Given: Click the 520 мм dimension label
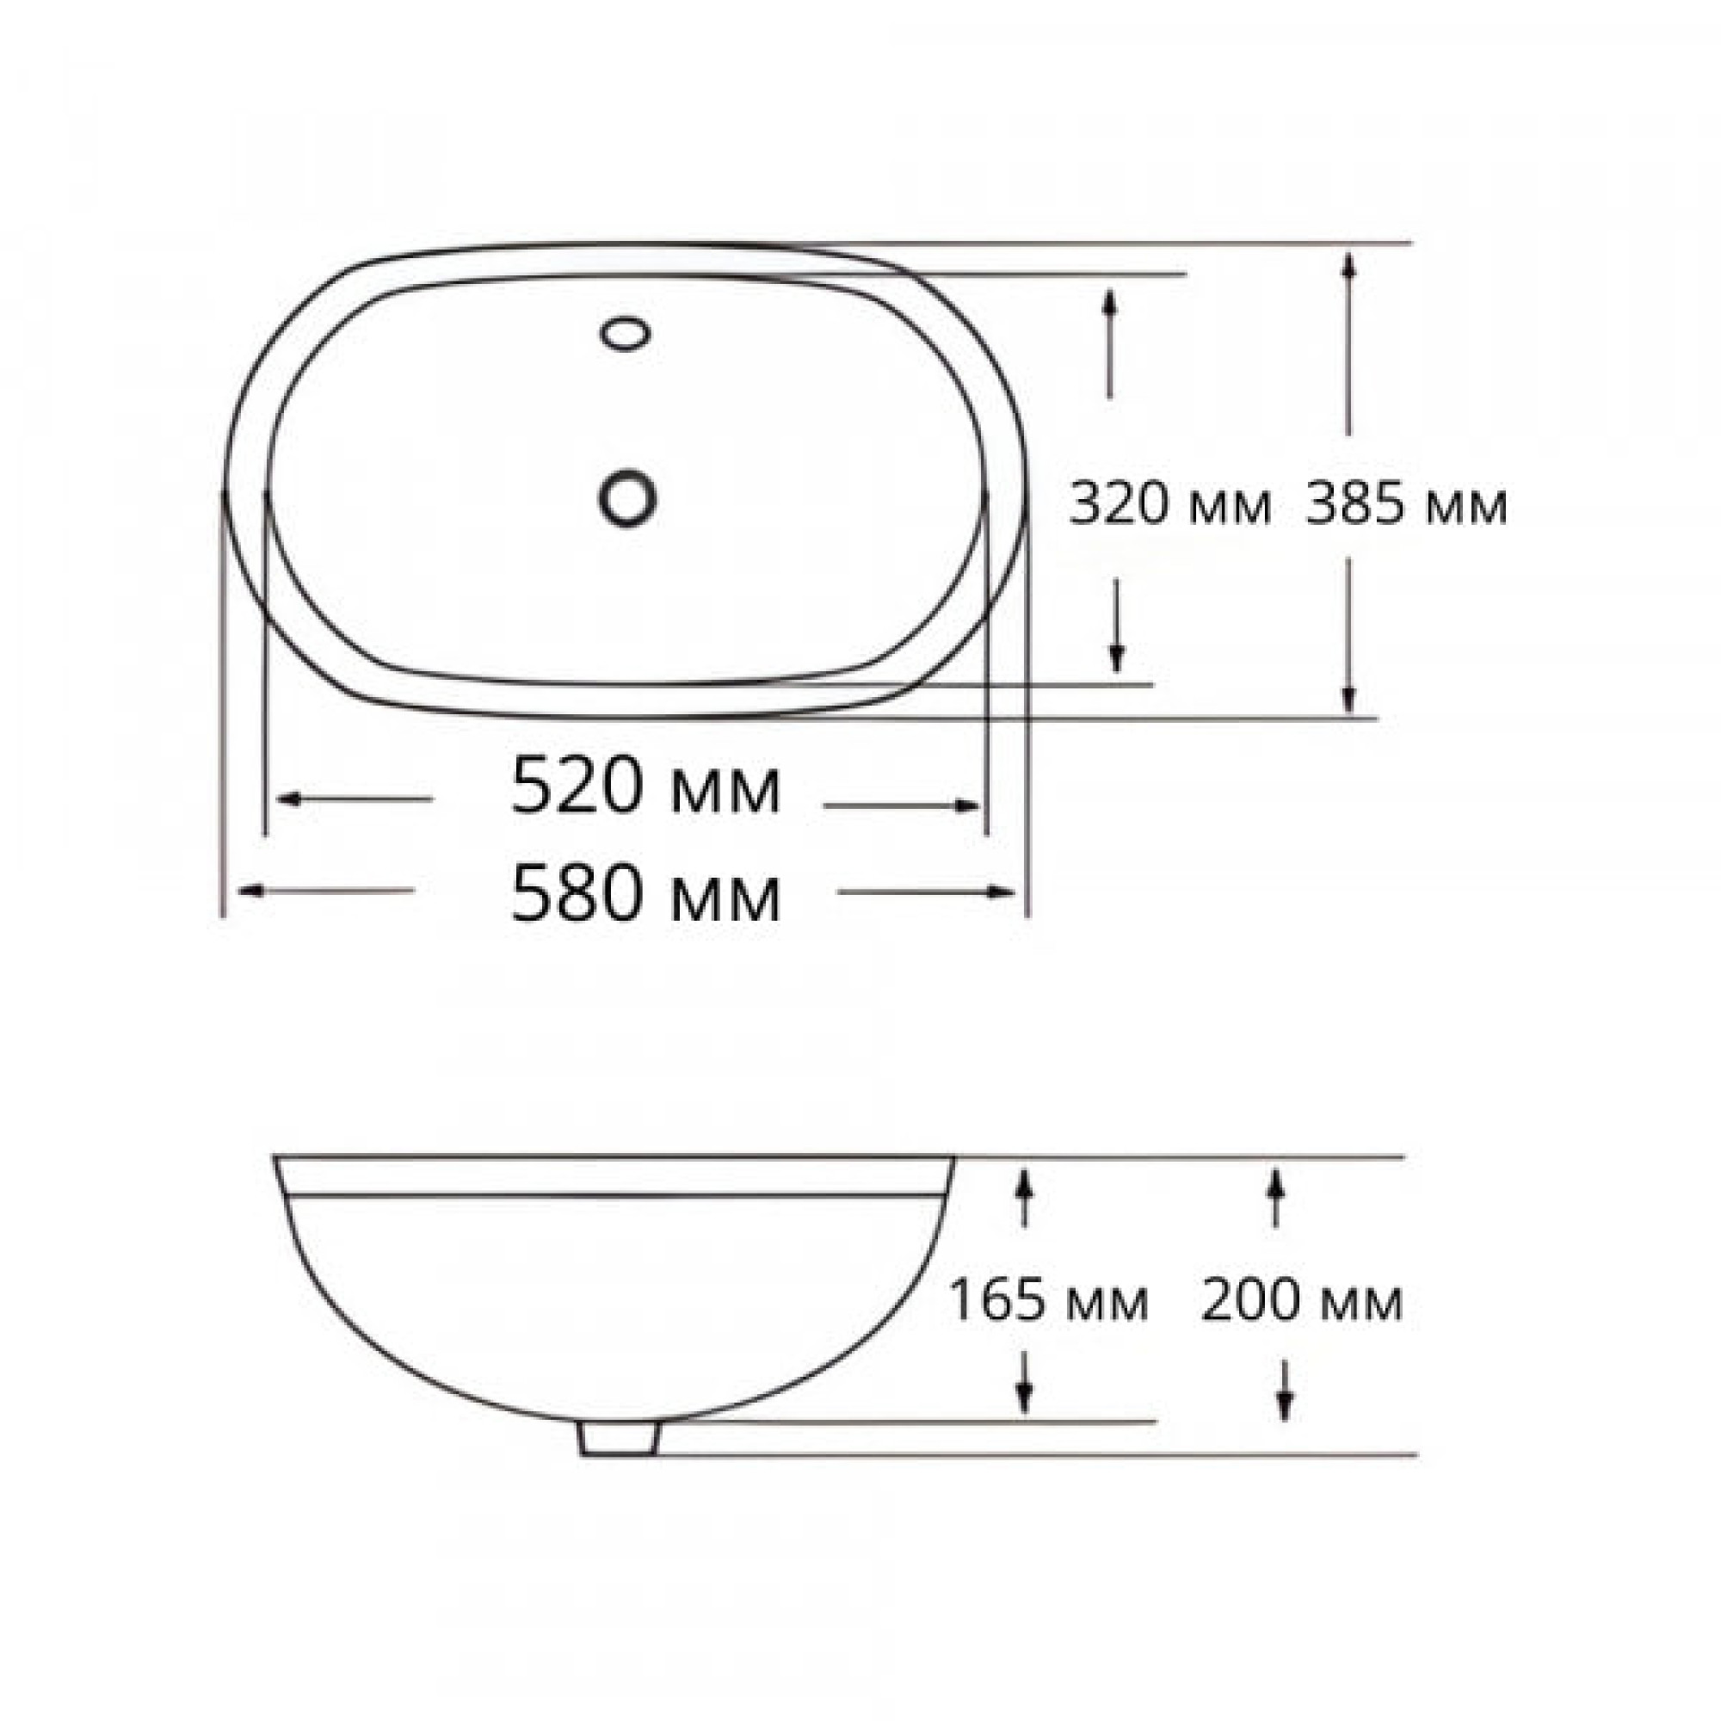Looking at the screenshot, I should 646,786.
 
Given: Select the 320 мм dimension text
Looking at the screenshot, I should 1169,505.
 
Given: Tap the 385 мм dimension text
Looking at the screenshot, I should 1407,505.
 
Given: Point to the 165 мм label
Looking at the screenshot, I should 1048,1300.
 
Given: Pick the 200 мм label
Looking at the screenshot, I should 1302,1300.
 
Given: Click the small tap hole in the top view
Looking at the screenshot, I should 626,333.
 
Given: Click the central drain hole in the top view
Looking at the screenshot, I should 628,497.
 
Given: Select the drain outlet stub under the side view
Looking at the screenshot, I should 618,1439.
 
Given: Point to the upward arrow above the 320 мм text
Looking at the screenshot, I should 1109,343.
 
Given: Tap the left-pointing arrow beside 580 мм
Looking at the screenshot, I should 326,890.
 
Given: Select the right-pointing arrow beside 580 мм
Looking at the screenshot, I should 927,891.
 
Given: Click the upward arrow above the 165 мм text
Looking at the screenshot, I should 1024,1198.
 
